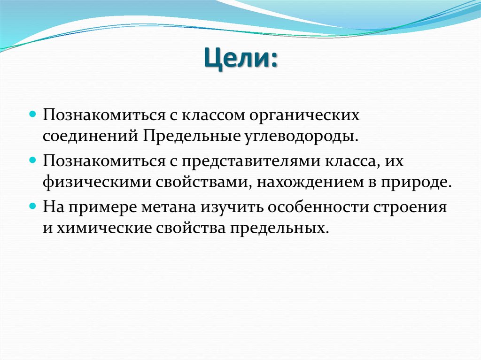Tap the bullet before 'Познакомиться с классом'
[33, 114]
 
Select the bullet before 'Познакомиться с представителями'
[33, 160]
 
